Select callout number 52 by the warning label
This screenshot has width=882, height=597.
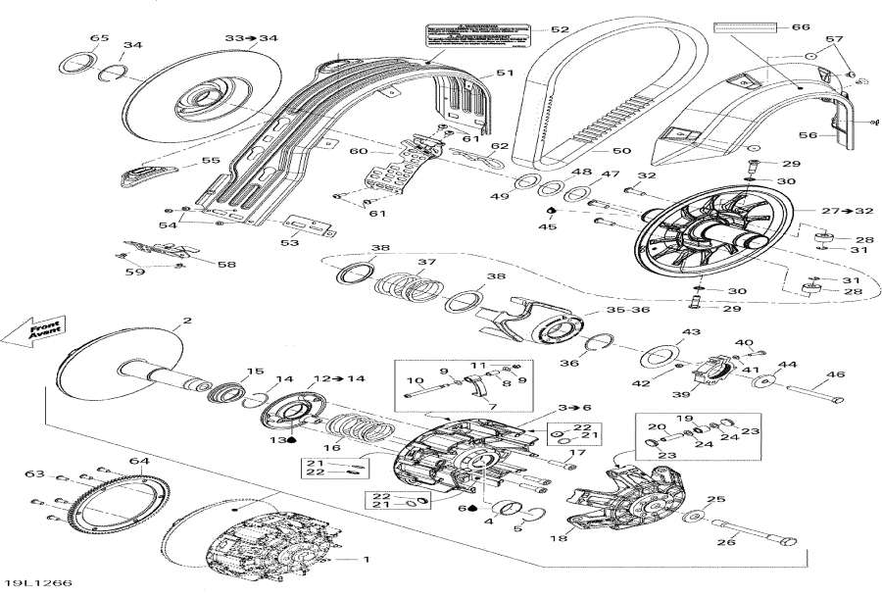560,30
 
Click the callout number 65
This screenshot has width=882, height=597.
100,38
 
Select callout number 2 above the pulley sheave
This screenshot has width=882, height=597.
186,322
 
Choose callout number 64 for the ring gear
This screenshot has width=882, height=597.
138,462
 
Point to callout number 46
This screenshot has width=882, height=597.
836,374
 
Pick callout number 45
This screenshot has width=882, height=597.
549,226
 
